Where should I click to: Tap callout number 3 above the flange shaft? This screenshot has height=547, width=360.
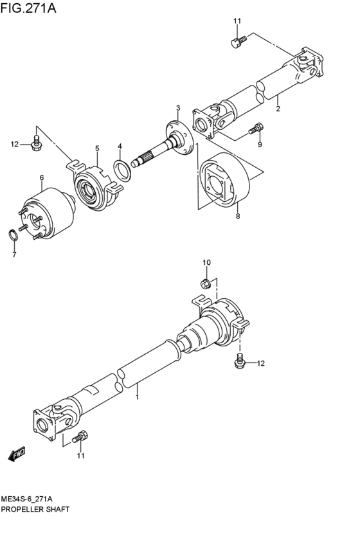pos(178,107)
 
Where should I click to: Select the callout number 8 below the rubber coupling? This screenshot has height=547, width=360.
pos(237,217)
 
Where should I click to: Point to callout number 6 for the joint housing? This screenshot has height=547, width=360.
pos(41,177)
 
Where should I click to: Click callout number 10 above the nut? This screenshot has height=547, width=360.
pos(206,262)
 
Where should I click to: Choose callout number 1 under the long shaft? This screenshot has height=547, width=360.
pos(137,398)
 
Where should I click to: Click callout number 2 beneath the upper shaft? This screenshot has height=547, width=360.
pos(278,109)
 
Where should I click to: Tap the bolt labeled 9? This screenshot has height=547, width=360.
pos(256,128)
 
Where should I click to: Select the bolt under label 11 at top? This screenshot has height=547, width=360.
pos(236,42)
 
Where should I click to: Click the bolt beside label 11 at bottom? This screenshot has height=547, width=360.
pos(80,439)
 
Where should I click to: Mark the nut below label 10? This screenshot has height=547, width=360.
pos(206,283)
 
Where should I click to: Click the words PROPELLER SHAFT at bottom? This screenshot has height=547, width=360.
pos(35,508)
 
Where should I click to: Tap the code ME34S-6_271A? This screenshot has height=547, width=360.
pos(27,499)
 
